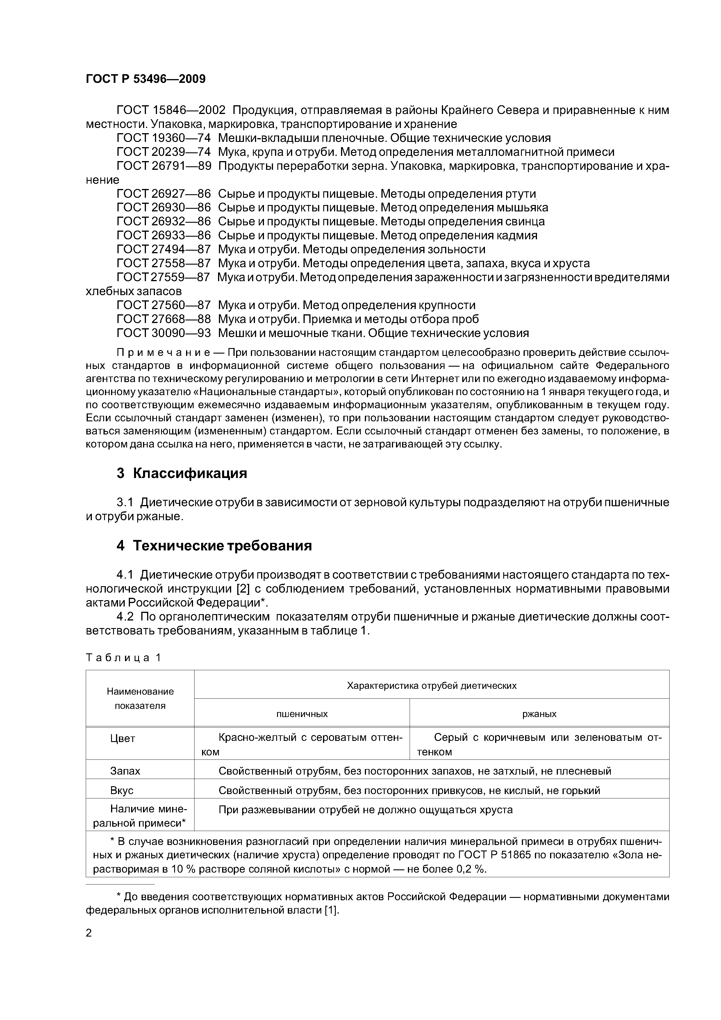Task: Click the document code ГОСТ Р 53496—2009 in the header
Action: pos(145,79)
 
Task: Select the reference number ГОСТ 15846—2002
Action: pos(171,110)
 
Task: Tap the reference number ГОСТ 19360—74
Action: pos(163,138)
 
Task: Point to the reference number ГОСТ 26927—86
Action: pos(163,194)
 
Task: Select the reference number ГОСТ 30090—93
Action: pos(163,333)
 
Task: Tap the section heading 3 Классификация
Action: pos(182,474)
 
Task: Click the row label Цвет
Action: pos(123,738)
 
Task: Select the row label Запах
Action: pos(125,771)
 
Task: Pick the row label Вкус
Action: pos(122,790)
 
